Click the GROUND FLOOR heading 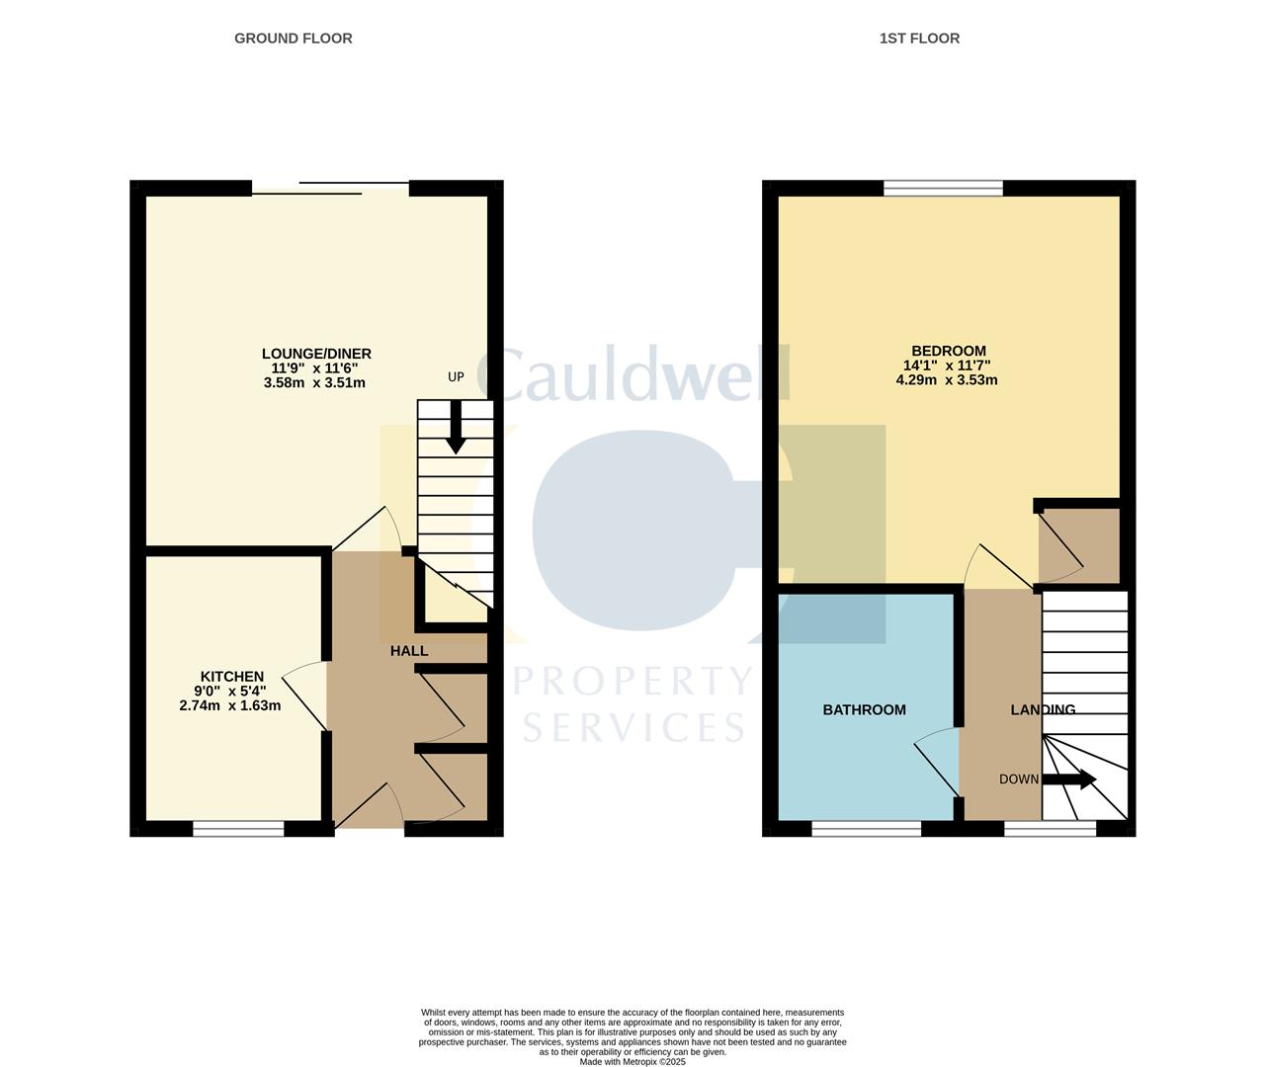293,39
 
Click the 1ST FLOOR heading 919,39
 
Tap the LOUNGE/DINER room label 316,354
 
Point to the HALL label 409,651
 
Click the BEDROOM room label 948,351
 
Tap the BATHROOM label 864,709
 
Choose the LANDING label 1043,709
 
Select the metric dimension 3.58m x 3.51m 314,382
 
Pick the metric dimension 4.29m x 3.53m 947,379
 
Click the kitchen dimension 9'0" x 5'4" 229,692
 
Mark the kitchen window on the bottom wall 238,829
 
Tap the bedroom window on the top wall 943,188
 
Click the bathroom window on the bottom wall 866,829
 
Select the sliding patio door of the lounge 330,188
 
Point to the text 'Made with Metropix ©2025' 632,1062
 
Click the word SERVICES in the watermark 633,728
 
